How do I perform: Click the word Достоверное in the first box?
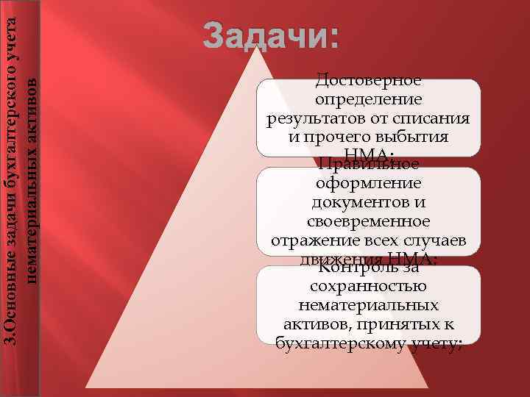pyautogui.click(x=368, y=79)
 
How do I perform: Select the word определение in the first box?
pyautogui.click(x=368, y=99)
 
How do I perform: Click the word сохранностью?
pyautogui.click(x=368, y=287)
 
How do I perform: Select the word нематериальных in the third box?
pyautogui.click(x=368, y=306)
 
